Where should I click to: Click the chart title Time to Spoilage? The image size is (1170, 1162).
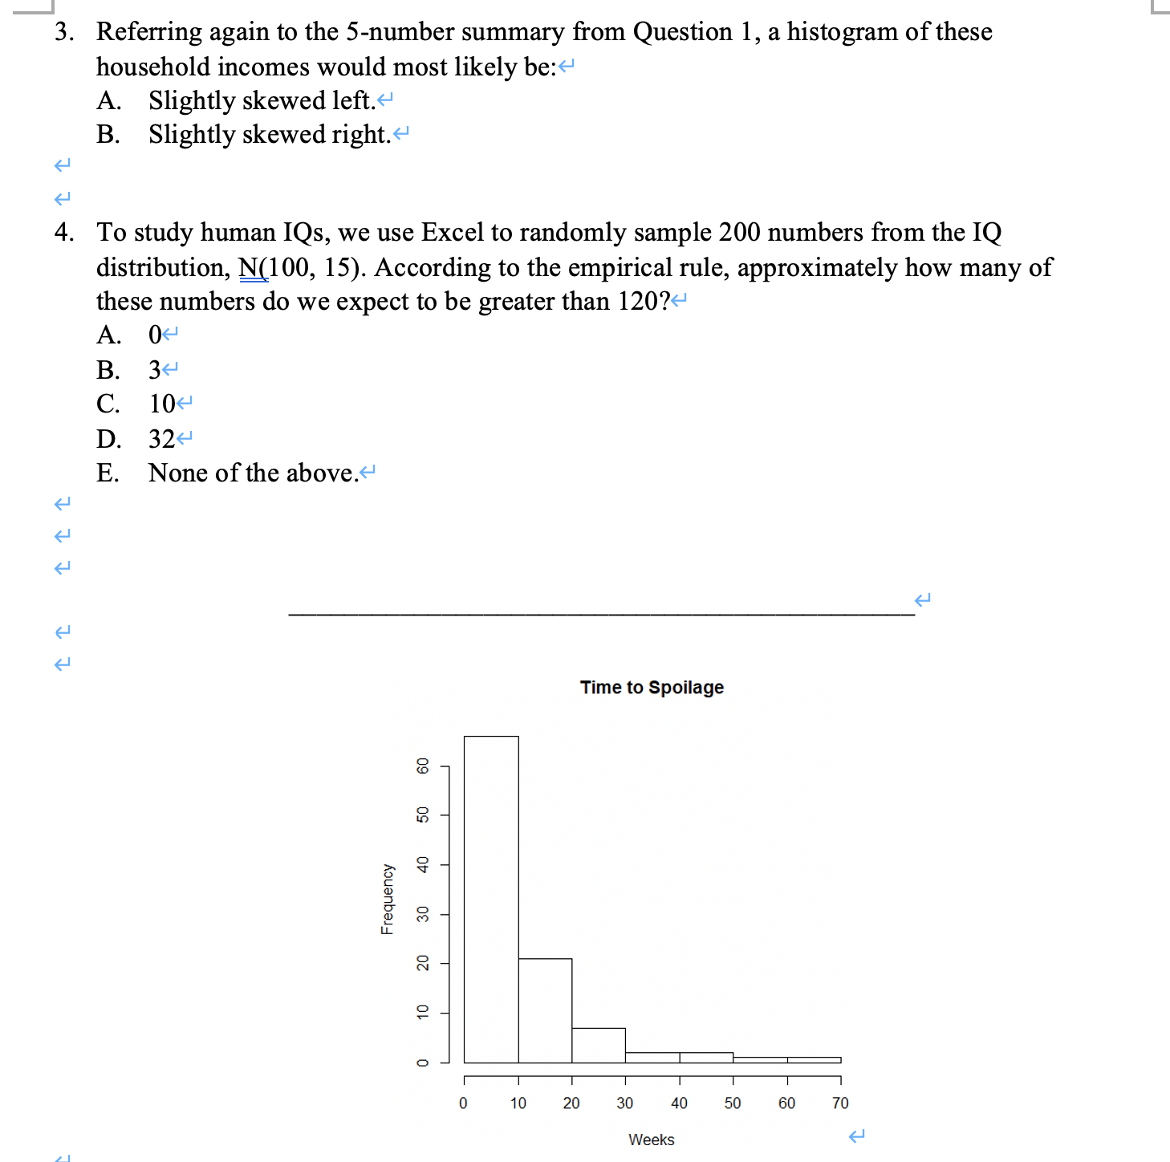[x=652, y=688]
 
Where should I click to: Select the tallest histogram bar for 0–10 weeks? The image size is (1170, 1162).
[x=491, y=899]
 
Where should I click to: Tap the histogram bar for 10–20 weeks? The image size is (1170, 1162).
[x=545, y=1010]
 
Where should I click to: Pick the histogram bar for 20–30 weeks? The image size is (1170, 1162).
[x=599, y=1045]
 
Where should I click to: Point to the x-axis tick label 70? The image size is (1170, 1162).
[x=840, y=1103]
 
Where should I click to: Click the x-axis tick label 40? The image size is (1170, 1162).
[x=679, y=1103]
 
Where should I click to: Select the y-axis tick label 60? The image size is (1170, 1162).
[x=423, y=766]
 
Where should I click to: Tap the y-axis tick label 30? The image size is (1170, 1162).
[x=423, y=914]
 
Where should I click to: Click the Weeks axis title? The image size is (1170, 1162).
[x=651, y=1140]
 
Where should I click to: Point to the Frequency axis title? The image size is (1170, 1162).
[x=388, y=899]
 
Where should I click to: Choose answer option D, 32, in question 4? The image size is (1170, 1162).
[x=161, y=439]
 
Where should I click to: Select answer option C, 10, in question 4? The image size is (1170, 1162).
[x=161, y=404]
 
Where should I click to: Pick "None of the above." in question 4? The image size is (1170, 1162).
[x=253, y=473]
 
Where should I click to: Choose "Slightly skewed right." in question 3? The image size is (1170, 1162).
[x=269, y=135]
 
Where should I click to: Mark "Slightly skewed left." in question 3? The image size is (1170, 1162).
[x=262, y=101]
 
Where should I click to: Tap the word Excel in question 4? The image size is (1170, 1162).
[x=453, y=233]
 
